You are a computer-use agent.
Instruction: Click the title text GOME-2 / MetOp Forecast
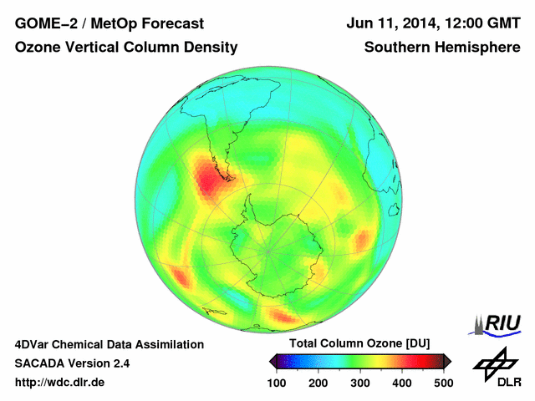pos(99,23)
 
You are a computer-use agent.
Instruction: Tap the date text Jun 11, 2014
pos(389,23)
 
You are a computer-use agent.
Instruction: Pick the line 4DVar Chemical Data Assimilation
pos(109,344)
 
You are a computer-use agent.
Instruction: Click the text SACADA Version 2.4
pos(72,363)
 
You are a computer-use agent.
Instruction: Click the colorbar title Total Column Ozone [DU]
pos(359,344)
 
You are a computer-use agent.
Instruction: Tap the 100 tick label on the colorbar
pos(277,383)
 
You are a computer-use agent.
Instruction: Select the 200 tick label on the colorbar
pos(318,383)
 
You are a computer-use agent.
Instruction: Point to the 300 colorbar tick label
pos(360,383)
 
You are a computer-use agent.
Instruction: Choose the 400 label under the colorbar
pos(402,383)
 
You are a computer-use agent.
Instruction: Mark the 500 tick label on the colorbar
pos(443,383)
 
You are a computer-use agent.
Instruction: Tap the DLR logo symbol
pos(495,365)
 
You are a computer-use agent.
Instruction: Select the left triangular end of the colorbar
pos(273,361)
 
